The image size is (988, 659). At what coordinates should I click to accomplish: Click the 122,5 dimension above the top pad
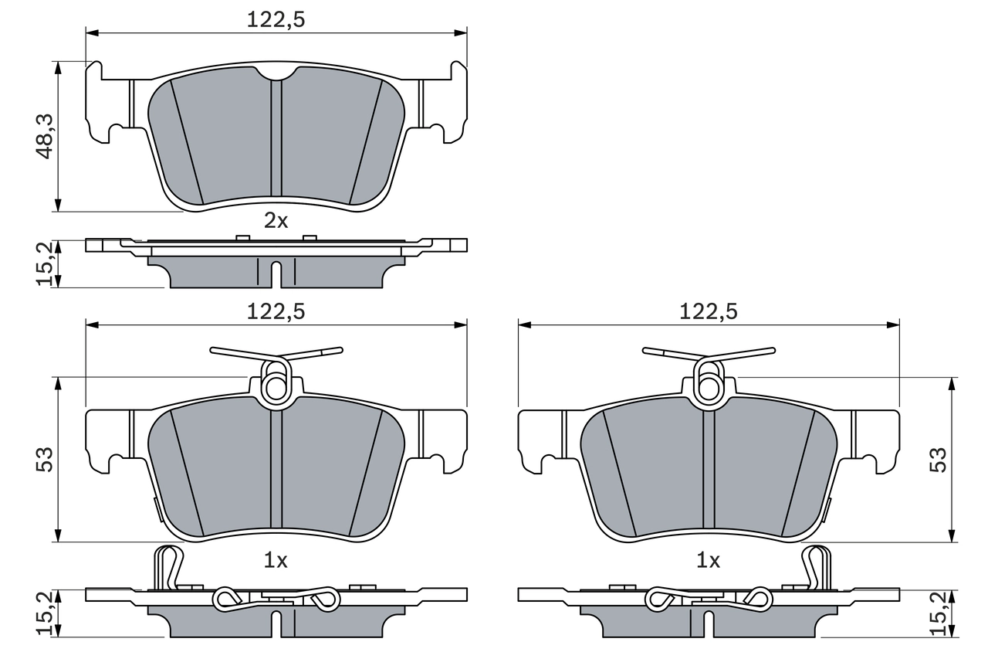coord(276,20)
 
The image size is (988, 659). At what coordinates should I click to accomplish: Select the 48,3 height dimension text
coord(44,136)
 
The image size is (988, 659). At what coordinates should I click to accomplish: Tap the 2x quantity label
coord(276,221)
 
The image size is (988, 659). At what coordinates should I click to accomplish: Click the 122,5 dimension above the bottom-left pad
coord(276,311)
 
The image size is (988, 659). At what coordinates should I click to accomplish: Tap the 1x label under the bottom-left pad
coord(276,561)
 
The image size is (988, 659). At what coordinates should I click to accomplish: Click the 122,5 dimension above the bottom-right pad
coord(709,311)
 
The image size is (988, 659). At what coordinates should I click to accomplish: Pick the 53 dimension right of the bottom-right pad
coord(936,460)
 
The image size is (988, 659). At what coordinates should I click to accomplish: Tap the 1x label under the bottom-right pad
coord(708,561)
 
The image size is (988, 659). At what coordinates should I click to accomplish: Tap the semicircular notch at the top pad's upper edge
coord(276,73)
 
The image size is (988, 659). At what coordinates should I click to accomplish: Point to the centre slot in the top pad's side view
coord(276,273)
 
